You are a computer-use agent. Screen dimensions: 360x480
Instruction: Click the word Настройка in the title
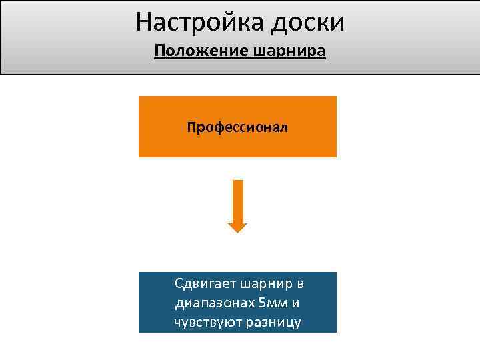200,22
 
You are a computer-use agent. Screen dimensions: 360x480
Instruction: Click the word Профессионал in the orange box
237,127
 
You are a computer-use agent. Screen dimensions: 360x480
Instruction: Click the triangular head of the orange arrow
237,227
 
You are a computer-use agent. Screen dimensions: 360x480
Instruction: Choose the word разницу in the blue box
273,323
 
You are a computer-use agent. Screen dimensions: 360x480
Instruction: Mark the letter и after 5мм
295,304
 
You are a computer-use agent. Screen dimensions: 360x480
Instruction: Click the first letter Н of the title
143,22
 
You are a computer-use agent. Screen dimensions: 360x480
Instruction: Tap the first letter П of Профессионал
191,127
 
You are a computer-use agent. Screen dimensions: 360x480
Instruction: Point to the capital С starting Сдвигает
179,284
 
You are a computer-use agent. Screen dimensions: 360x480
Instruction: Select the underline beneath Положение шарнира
240,59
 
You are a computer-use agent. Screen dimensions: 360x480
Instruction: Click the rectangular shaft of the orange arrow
237,200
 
